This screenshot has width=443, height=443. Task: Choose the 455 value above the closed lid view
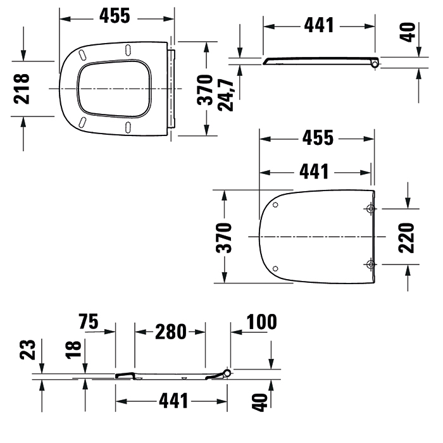click(x=316, y=139)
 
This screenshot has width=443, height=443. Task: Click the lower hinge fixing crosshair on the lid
click(x=370, y=263)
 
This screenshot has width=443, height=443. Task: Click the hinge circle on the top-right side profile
click(x=375, y=63)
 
